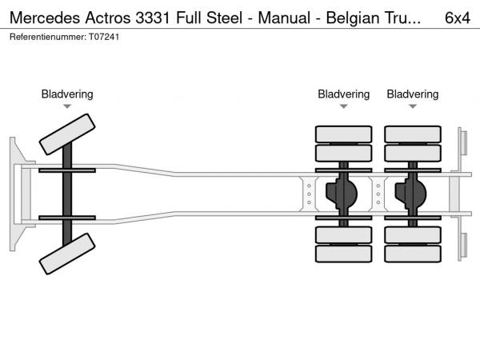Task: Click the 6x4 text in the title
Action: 457,17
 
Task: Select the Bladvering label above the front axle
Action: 67,94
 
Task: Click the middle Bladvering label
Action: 343,94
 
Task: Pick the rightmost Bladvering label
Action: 413,94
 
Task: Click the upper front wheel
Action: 68,134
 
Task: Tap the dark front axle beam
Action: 68,194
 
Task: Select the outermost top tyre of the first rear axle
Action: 344,134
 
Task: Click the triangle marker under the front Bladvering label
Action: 67,106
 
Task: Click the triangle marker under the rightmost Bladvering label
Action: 413,106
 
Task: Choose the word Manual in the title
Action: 291,17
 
